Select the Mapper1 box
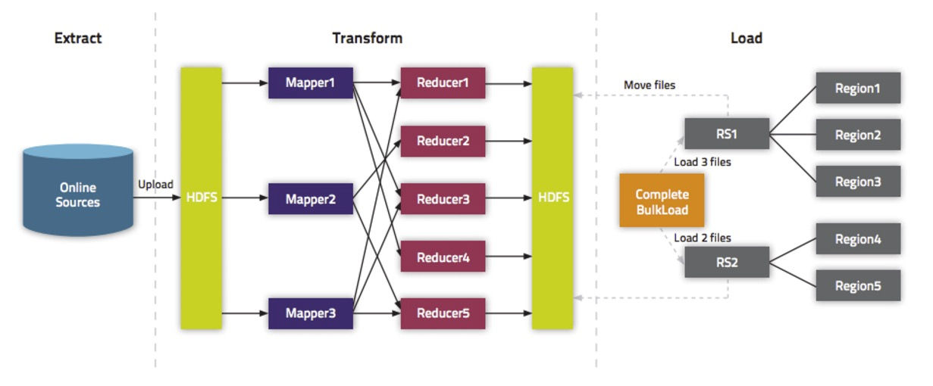[310, 82]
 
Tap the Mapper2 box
[310, 199]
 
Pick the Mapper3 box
[310, 313]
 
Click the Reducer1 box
[443, 82]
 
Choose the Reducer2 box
[443, 141]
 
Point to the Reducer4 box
[443, 257]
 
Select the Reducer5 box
[443, 313]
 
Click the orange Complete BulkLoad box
[662, 201]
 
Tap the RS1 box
[726, 134]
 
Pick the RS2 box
[726, 262]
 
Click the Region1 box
[858, 88]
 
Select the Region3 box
[858, 182]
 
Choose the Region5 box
[858, 285]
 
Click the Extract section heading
[78, 38]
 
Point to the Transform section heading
[368, 38]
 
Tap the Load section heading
[746, 38]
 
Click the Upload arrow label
[155, 184]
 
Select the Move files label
[649, 85]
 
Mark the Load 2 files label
[703, 238]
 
